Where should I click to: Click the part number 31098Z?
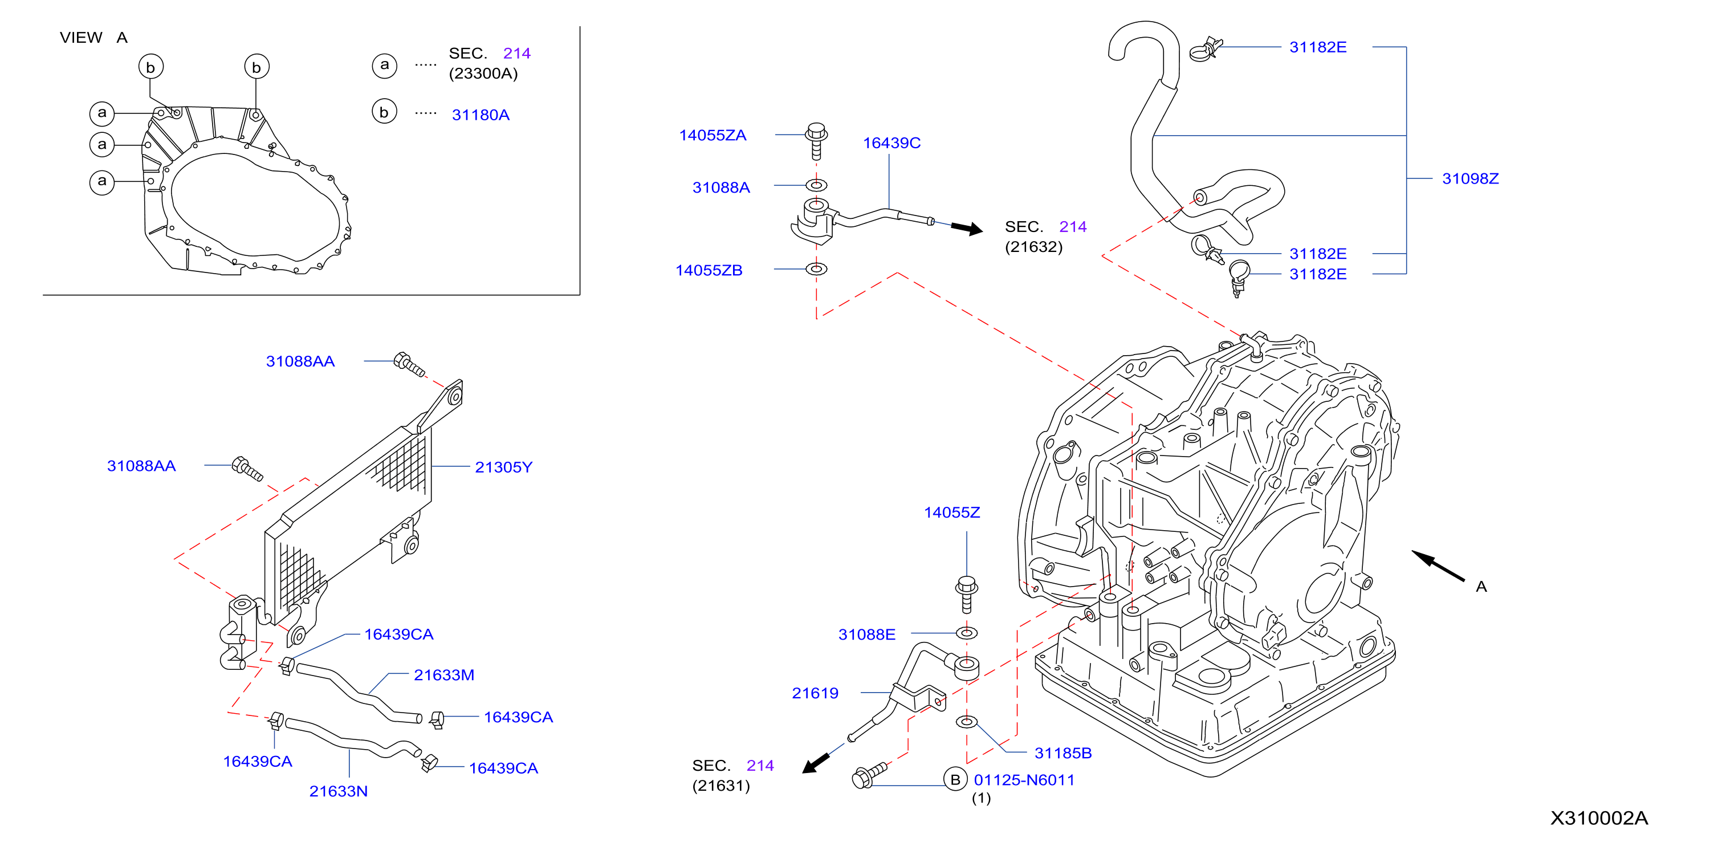(1470, 178)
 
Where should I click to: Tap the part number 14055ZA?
(712, 135)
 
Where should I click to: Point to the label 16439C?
(891, 143)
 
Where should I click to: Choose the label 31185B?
(1062, 753)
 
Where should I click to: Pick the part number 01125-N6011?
(1024, 779)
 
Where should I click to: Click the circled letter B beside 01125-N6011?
(955, 779)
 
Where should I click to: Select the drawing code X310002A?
(1599, 818)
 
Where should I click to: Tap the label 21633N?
(338, 791)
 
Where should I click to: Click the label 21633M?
(444, 675)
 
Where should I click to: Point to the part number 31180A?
(481, 115)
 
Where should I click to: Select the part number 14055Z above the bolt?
(951, 513)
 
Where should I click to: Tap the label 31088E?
(866, 634)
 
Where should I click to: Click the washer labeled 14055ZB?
(816, 269)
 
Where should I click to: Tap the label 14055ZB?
(709, 270)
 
